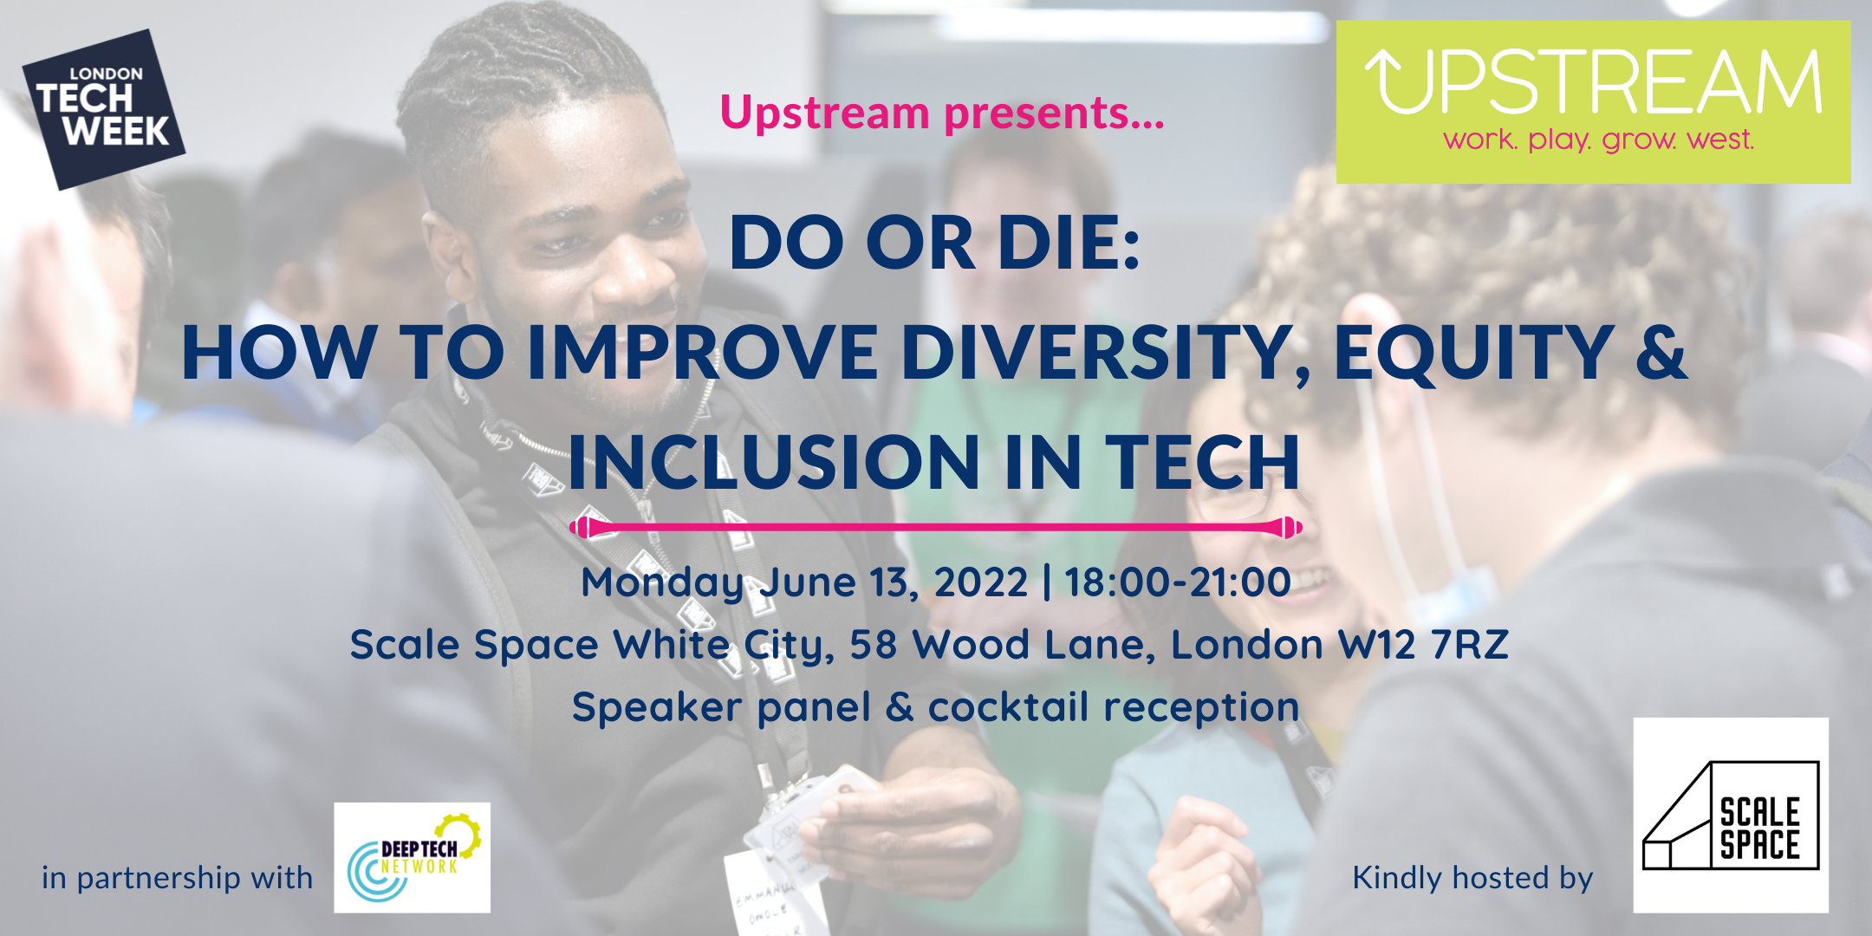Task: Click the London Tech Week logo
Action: pos(104,109)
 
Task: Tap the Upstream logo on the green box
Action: pos(1593,101)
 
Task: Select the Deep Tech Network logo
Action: pos(413,857)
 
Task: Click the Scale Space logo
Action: pos(1731,815)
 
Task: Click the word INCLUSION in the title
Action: pos(775,462)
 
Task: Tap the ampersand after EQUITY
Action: pos(1661,352)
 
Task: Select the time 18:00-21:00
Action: pos(1178,582)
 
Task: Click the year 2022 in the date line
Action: pos(981,582)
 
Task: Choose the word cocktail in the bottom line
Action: pos(1008,707)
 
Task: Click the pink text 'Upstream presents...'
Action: pos(942,114)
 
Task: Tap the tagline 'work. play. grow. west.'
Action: pos(1598,140)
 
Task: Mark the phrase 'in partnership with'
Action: pos(177,878)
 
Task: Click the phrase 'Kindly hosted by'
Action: pos(1472,878)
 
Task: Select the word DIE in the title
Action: pos(1069,243)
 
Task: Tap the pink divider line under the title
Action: pos(936,527)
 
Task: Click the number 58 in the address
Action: pos(873,645)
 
